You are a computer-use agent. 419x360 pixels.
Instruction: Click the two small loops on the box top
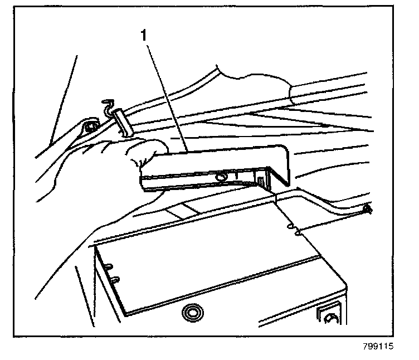(293, 229)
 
